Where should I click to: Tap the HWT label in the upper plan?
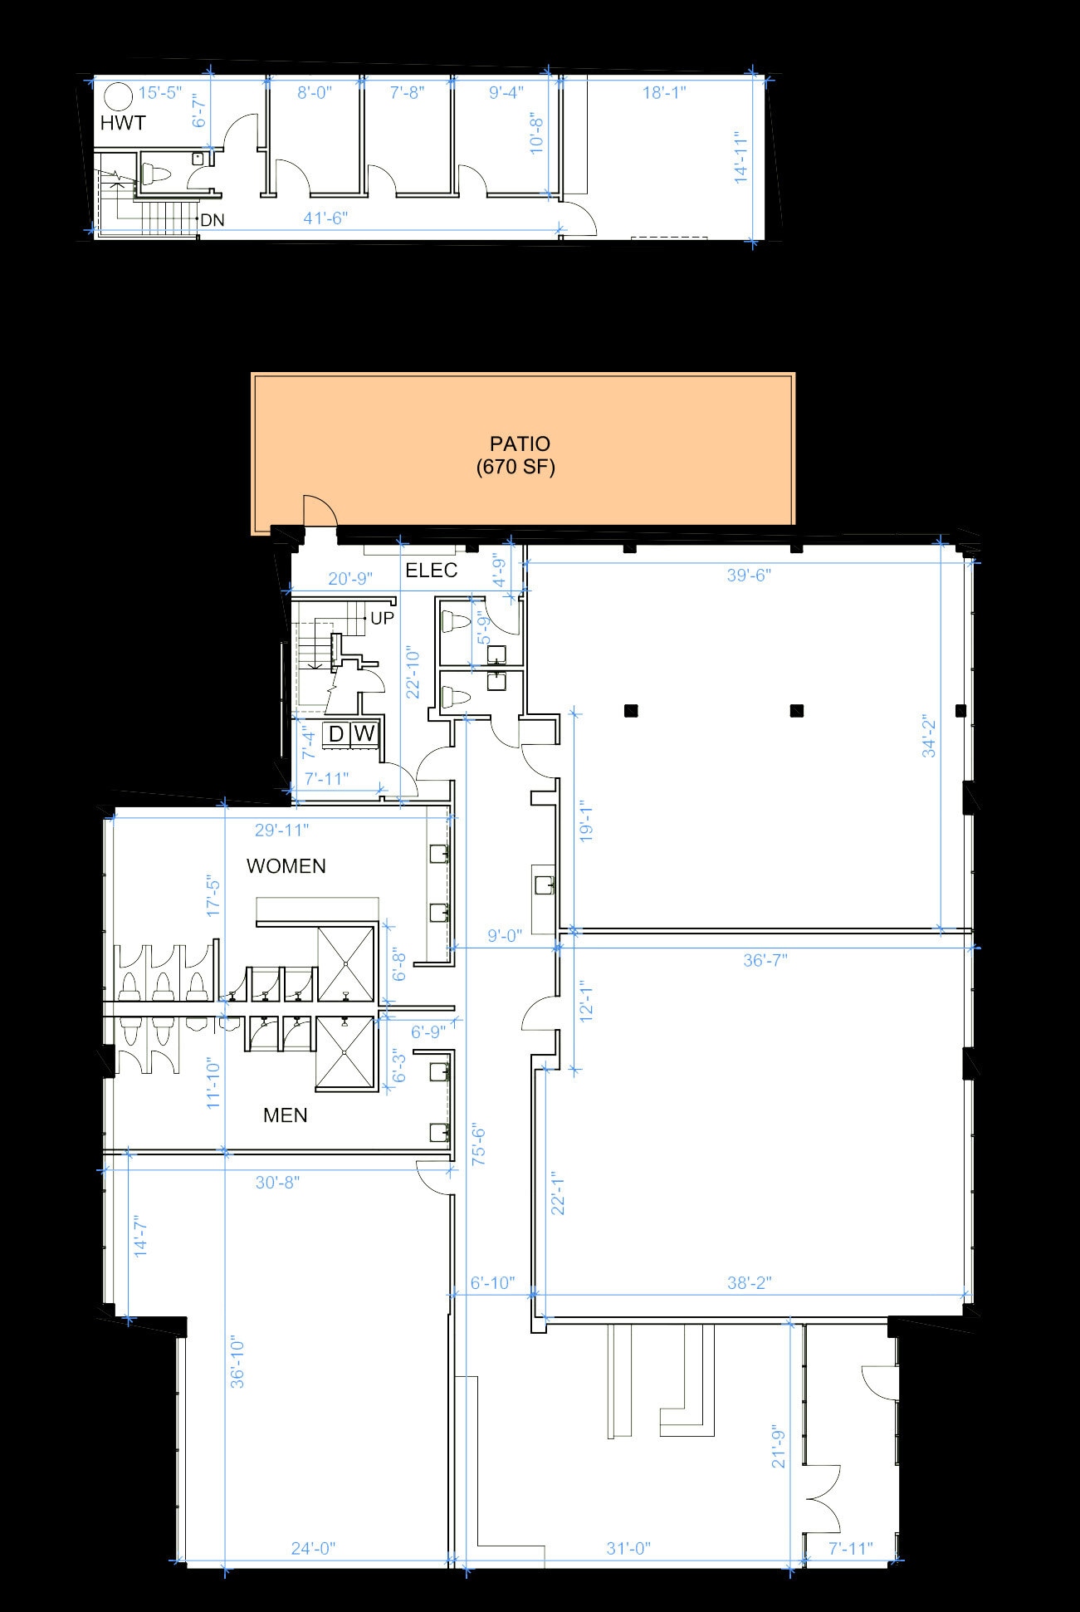click(x=123, y=124)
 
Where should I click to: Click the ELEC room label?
click(x=431, y=571)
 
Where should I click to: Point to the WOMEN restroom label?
click(x=286, y=866)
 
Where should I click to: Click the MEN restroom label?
click(x=285, y=1115)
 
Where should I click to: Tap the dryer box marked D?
click(x=336, y=734)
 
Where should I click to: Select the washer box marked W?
click(x=364, y=734)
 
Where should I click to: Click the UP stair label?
click(x=382, y=619)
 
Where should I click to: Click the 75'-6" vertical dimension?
click(x=479, y=1146)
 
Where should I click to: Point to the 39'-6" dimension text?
click(x=749, y=576)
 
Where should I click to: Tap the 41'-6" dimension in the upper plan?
click(x=325, y=218)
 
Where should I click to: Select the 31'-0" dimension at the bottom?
click(x=628, y=1548)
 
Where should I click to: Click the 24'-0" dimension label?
click(x=313, y=1548)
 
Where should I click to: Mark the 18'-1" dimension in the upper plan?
click(x=664, y=92)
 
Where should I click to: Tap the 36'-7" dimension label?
click(x=765, y=960)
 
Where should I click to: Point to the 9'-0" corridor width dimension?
click(x=504, y=936)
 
